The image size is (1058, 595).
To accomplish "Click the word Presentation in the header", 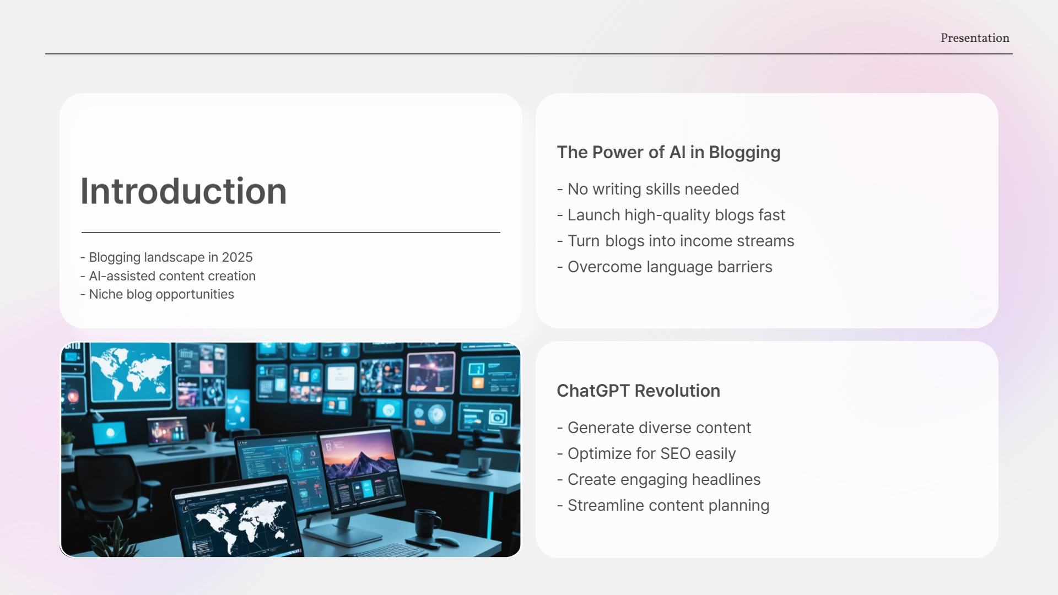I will coord(975,38).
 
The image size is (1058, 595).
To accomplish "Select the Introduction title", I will coord(183,191).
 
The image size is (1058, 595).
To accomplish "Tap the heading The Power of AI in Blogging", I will coord(668,152).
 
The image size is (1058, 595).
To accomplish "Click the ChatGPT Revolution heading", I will coord(638,391).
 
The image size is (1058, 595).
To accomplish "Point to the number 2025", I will coord(237,257).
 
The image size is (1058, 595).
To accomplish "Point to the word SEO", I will coord(675,453).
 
